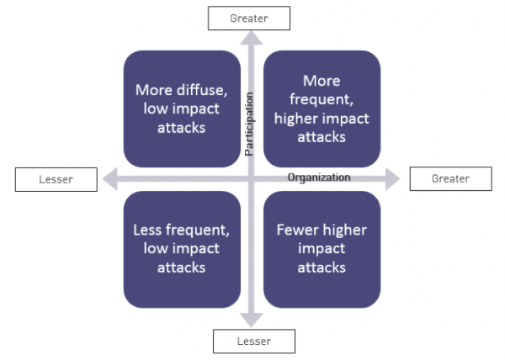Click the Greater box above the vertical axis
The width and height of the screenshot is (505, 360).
[249, 19]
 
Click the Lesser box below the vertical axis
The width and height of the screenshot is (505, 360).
[254, 341]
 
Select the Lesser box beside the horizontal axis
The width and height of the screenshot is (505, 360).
[56, 179]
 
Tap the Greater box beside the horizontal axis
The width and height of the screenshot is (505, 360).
[451, 179]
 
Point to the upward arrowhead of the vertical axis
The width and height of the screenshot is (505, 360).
[251, 38]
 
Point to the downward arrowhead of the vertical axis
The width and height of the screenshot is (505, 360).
[252, 320]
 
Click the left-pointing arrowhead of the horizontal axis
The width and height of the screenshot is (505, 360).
[109, 179]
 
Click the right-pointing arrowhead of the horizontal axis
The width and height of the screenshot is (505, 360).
[392, 179]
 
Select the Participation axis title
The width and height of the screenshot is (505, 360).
[249, 124]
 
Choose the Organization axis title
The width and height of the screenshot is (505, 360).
[319, 177]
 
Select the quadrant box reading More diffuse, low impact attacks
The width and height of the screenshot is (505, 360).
[182, 109]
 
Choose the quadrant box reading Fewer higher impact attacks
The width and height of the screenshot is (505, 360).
[322, 250]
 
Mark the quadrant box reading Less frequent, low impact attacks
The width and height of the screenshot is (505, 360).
[182, 250]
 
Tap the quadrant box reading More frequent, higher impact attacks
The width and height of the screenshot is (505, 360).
[322, 109]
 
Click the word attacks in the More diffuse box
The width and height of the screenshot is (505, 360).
[181, 128]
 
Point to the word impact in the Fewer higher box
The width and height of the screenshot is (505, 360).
[322, 249]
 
